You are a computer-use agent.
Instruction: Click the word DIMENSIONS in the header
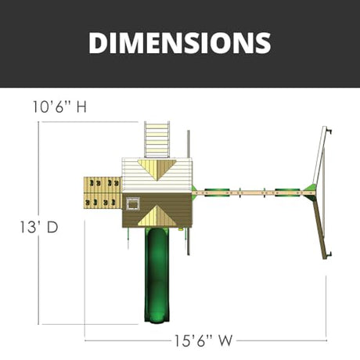click(x=180, y=43)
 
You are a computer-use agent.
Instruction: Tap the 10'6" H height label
click(x=59, y=107)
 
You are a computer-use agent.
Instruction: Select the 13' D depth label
click(x=39, y=227)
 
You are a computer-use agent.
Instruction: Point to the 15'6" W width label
click(x=203, y=340)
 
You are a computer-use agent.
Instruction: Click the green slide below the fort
click(x=157, y=274)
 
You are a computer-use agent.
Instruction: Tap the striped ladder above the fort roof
click(x=157, y=139)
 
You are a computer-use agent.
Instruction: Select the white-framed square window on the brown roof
click(x=133, y=203)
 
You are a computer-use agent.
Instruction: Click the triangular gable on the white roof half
click(x=157, y=168)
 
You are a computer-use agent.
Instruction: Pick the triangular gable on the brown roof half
click(x=157, y=217)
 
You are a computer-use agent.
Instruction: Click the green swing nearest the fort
click(x=217, y=193)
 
